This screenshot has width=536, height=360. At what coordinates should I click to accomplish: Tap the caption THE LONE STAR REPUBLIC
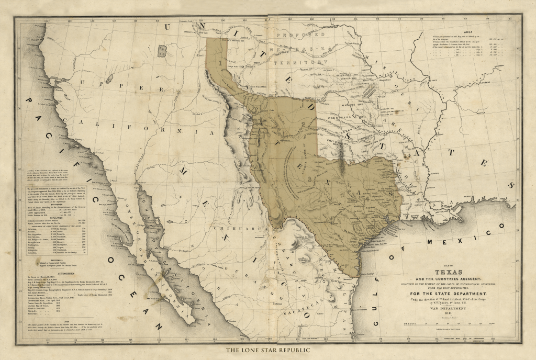[x=268, y=351]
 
